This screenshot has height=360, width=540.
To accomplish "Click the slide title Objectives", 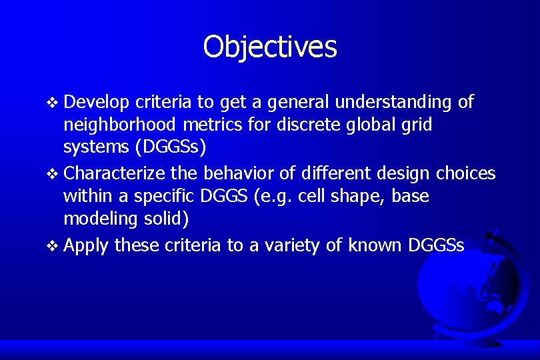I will tap(270, 47).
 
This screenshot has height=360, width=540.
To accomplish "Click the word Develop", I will tap(97, 102).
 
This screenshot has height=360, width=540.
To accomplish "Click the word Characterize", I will tap(115, 173).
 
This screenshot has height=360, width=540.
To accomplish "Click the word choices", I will tap(465, 173).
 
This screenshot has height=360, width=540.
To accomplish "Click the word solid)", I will tap(171, 219).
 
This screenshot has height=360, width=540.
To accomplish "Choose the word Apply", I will tap(87, 246).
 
